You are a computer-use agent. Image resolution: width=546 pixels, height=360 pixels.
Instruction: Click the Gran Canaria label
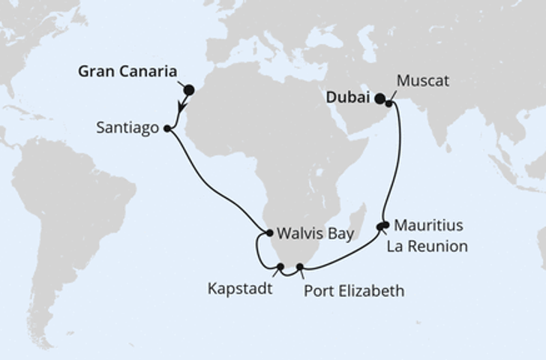coord(127,73)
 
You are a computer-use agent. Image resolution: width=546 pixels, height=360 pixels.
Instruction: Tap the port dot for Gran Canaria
coord(189,90)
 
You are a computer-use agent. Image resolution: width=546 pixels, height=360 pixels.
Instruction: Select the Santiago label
coord(127,128)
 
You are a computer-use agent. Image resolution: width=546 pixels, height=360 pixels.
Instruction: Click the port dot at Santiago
coord(166,128)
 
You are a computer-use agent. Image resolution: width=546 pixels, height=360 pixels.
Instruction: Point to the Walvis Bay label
coord(314,233)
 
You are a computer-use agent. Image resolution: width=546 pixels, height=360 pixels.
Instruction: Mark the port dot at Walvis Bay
coord(269,233)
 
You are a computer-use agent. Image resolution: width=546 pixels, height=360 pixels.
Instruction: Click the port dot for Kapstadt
coord(280,266)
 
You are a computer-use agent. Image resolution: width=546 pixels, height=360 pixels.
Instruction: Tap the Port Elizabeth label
coord(354,290)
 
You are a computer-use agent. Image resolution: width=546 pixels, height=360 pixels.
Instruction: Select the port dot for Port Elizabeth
coord(300,266)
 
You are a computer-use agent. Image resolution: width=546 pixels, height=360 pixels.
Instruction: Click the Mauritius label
coord(427,225)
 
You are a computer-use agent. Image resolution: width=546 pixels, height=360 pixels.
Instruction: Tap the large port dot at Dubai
coord(380,97)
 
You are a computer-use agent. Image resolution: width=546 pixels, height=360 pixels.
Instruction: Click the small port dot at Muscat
coord(389,103)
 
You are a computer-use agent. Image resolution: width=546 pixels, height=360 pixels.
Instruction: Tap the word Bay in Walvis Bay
coord(340,233)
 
